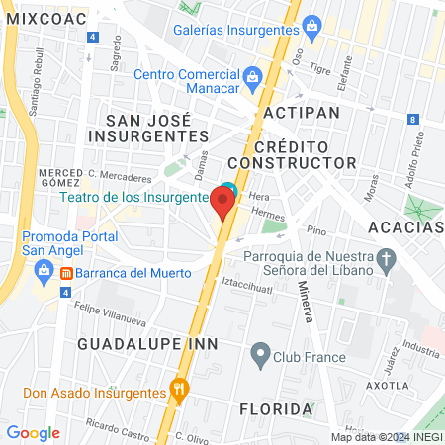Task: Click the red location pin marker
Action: [x=223, y=203]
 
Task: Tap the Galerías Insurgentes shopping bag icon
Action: [x=311, y=24]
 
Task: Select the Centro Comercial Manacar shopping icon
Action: [x=252, y=76]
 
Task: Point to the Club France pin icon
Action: [x=260, y=352]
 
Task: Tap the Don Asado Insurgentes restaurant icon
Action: [x=179, y=388]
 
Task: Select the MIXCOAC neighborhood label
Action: [x=40, y=18]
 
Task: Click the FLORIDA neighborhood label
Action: [x=276, y=408]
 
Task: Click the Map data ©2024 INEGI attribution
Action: [x=387, y=436]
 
